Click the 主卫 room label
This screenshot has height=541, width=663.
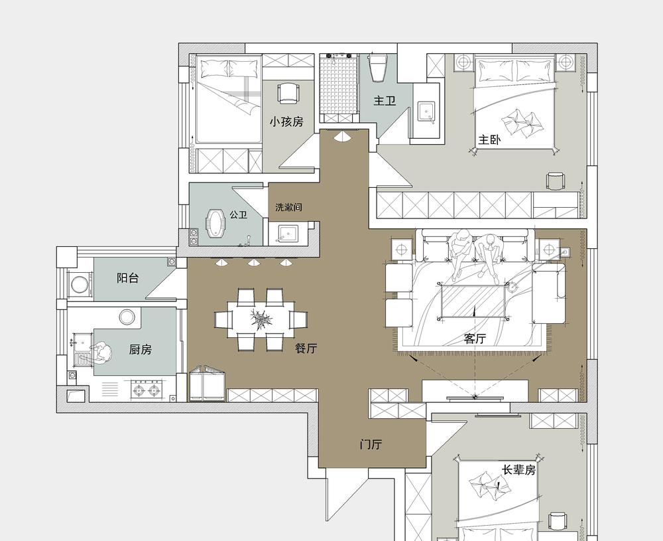coord(385,101)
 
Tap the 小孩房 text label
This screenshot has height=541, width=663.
coord(286,121)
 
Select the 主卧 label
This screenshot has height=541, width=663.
coord(489,139)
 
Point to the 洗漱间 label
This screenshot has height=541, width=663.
coord(288,207)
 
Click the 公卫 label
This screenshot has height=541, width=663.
coord(238,214)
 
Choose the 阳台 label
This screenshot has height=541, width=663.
coord(128,278)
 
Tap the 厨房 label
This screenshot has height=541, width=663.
coord(140,350)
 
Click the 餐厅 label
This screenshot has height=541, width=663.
coord(306,348)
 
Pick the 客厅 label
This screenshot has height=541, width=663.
coord(475,339)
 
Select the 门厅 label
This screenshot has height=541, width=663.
coord(371,445)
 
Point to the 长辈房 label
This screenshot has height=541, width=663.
coord(519,470)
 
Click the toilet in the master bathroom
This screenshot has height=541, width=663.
coord(378,67)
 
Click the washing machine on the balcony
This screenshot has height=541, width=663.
coord(80,285)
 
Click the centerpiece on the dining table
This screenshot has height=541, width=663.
coord(261,319)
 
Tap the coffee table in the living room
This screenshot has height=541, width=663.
coord(473,301)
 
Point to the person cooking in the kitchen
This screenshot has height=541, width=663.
coord(100,353)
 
